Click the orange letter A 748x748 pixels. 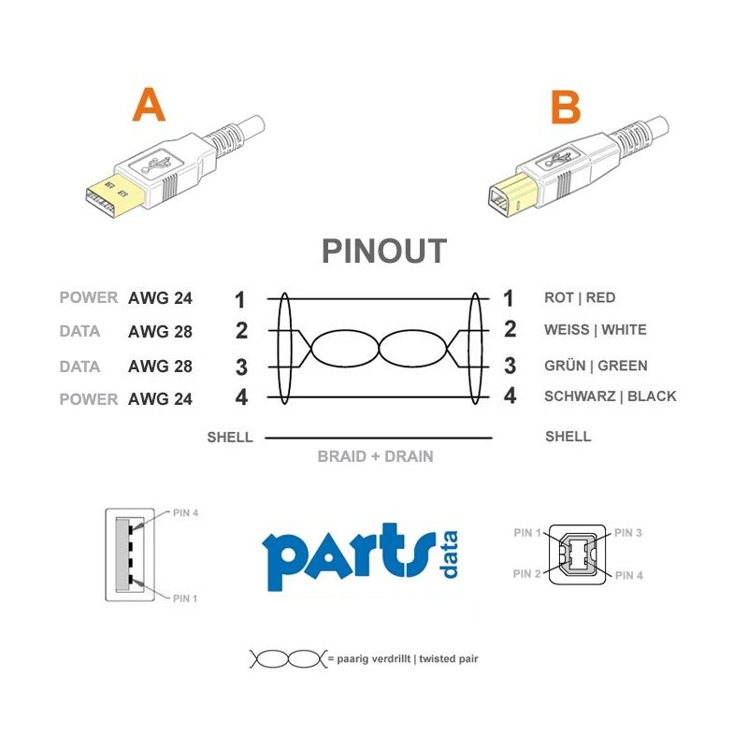(x=150, y=105)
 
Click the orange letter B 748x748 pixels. (x=566, y=107)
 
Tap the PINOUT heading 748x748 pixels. (x=384, y=251)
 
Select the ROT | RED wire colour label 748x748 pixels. (x=580, y=297)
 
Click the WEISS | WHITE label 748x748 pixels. (x=596, y=330)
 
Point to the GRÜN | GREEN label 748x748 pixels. (x=596, y=366)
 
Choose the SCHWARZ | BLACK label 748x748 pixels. (x=611, y=396)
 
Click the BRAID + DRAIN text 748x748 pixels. (x=376, y=456)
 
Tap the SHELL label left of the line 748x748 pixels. (x=230, y=437)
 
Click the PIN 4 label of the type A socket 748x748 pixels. (x=185, y=512)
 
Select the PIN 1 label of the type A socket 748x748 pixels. (x=185, y=598)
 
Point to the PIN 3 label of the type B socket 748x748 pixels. (x=627, y=533)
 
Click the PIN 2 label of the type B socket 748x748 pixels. (x=527, y=573)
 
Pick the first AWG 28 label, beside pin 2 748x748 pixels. (x=160, y=332)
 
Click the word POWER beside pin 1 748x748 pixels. (x=88, y=297)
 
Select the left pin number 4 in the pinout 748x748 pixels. (x=241, y=397)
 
